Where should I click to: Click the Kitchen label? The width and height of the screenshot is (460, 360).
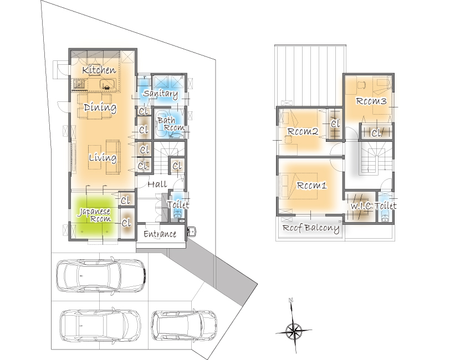pyautogui.click(x=99, y=70)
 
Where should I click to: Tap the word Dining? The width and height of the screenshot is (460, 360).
pyautogui.click(x=100, y=107)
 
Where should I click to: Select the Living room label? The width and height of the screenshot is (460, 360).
pyautogui.click(x=103, y=158)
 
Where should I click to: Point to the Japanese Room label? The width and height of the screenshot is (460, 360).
pyautogui.click(x=94, y=215)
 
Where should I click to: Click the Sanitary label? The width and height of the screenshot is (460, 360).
pyautogui.click(x=161, y=94)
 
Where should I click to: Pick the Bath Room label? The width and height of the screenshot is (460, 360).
pyautogui.click(x=171, y=124)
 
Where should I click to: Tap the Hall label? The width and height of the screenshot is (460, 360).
pyautogui.click(x=157, y=184)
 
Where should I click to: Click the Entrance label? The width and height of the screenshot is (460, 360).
pyautogui.click(x=160, y=234)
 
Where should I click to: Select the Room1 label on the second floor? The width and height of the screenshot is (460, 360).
pyautogui.click(x=311, y=186)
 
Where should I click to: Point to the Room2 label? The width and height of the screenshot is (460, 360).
pyautogui.click(x=303, y=131)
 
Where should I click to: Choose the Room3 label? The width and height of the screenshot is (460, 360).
pyautogui.click(x=371, y=101)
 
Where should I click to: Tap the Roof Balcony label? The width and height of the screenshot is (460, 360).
pyautogui.click(x=311, y=228)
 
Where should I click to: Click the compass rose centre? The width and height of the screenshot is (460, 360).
pyautogui.click(x=293, y=331)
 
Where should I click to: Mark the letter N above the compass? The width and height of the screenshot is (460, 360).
pyautogui.click(x=291, y=300)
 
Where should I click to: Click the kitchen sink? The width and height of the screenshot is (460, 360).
pyautogui.click(x=106, y=84)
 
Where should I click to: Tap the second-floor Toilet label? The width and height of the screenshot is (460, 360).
pyautogui.click(x=386, y=205)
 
